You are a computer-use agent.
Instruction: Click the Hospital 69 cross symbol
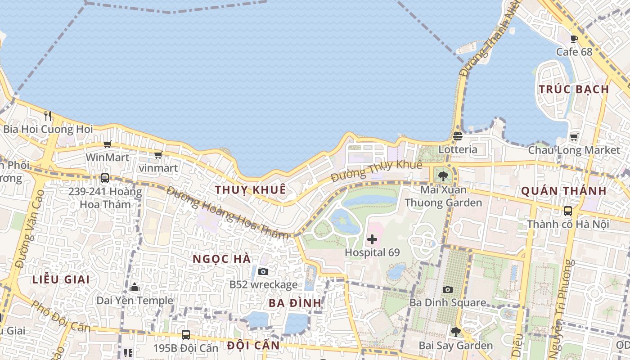372,239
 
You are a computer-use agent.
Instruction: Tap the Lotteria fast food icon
458,136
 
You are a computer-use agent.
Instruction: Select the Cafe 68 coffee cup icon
574,39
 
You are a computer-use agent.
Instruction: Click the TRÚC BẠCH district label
574,89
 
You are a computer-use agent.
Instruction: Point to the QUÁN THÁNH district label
563,191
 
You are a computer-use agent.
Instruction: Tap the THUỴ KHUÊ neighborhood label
250,190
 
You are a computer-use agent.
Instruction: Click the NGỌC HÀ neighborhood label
222,259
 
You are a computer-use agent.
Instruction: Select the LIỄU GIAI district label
61,279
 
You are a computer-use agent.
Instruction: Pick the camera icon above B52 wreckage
263,271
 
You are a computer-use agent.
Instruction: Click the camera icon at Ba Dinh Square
448,289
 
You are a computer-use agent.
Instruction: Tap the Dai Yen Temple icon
135,288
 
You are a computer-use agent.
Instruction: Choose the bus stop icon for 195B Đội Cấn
185,335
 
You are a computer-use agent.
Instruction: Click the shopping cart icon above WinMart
107,144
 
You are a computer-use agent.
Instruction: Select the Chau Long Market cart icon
574,137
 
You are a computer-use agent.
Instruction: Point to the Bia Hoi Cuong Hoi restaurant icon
48,116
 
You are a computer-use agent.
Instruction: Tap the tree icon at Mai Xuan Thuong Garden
443,176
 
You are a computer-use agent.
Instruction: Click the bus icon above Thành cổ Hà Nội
568,211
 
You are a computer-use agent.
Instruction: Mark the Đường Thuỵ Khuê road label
376,171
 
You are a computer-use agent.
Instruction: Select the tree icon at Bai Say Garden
455,332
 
